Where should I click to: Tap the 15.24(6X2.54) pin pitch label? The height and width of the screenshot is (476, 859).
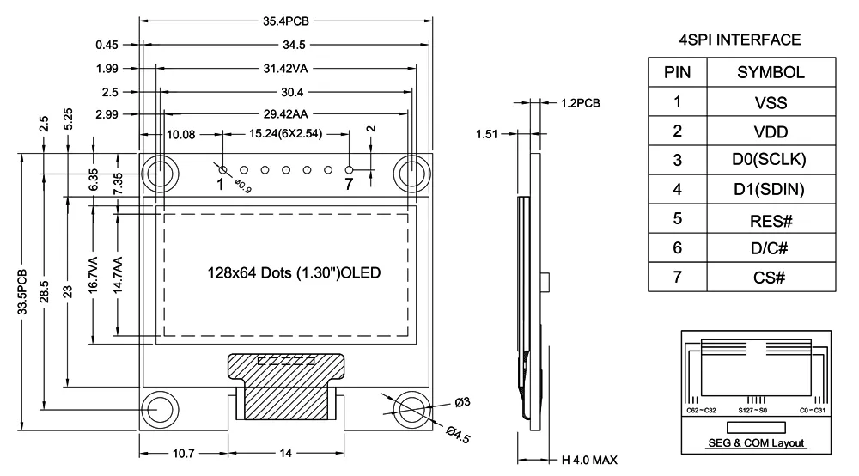285,134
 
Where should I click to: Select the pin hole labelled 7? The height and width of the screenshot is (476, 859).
349,170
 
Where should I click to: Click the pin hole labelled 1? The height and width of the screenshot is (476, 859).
222,170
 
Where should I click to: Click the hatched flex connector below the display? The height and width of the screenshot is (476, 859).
287,387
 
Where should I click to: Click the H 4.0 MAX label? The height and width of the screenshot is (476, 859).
589,460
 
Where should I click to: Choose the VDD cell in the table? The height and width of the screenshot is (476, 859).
771,131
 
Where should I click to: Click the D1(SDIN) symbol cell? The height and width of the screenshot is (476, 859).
771,189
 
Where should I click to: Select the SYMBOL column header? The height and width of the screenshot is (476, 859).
771,73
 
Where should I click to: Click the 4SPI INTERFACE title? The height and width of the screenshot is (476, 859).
740,40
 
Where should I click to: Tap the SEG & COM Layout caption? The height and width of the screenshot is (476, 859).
756,442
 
